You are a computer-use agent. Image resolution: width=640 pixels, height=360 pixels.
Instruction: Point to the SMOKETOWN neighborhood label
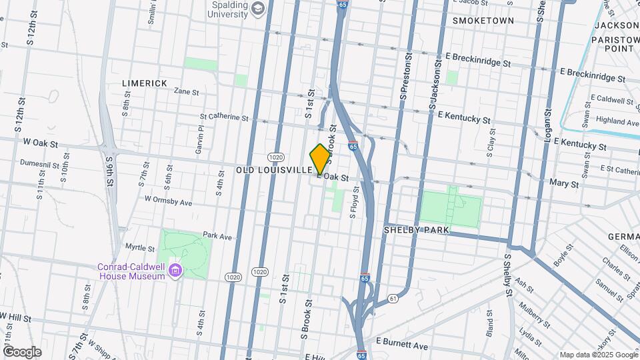pos(483,21)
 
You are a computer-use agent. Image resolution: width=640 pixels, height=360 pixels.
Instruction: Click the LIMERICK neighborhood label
pos(145,83)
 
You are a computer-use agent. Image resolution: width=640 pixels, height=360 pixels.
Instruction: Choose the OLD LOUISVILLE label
pos(274,171)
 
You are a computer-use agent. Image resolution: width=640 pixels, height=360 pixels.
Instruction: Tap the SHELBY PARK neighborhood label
pos(417,230)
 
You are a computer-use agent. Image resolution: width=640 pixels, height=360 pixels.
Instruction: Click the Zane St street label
pos(187,91)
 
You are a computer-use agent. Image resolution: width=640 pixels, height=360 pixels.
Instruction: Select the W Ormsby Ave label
pos(168,199)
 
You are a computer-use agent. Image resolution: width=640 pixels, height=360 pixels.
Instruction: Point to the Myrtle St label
pos(140,247)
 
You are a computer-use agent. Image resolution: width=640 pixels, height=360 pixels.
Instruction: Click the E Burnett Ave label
pos(401,345)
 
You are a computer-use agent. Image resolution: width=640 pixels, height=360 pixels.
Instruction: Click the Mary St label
pos(562,182)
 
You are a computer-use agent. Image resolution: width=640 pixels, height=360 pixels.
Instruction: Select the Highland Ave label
pos(618,121)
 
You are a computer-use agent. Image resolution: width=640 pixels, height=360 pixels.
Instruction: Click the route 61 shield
pos(393,297)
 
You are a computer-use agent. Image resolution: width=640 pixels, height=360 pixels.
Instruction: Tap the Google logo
pos(22,351)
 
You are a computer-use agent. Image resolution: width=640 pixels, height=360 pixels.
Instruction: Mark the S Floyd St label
pos(355,202)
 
